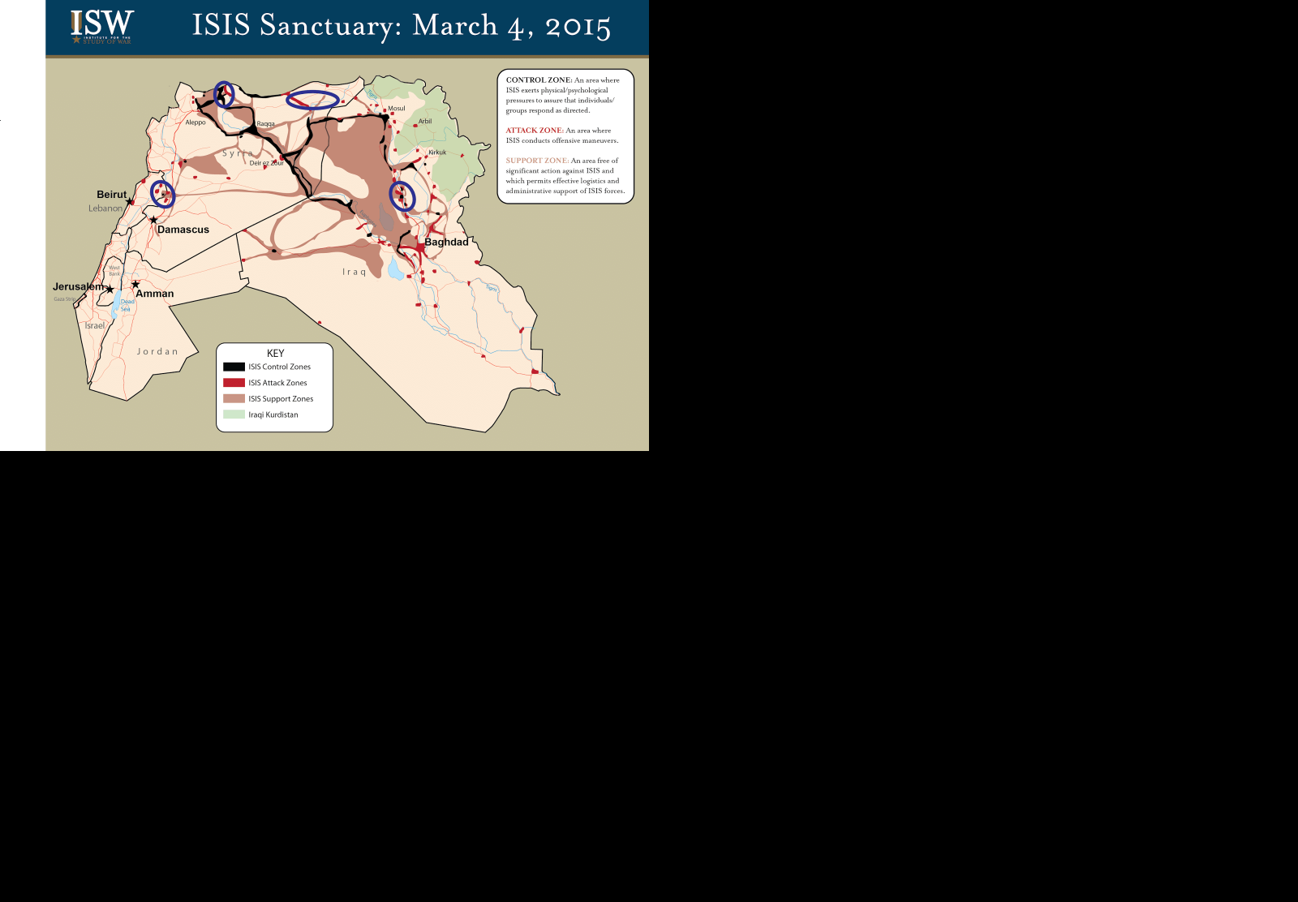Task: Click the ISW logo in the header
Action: click(101, 27)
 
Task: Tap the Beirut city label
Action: click(111, 195)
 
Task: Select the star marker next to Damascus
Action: click(153, 220)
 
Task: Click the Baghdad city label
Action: click(446, 242)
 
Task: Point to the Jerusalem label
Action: click(78, 286)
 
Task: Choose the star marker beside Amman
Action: click(135, 284)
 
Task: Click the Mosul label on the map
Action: click(396, 109)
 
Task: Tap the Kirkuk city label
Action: click(437, 152)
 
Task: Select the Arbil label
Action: click(425, 122)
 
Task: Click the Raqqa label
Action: click(265, 124)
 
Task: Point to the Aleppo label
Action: click(196, 122)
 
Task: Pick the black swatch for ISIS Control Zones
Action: click(234, 367)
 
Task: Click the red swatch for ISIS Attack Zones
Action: click(234, 383)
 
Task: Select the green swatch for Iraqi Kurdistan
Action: click(234, 414)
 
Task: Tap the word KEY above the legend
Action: click(275, 354)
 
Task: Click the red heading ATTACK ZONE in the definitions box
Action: click(534, 131)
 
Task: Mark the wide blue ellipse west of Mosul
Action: click(312, 100)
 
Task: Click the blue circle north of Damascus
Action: click(162, 195)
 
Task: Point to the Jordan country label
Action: click(157, 352)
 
